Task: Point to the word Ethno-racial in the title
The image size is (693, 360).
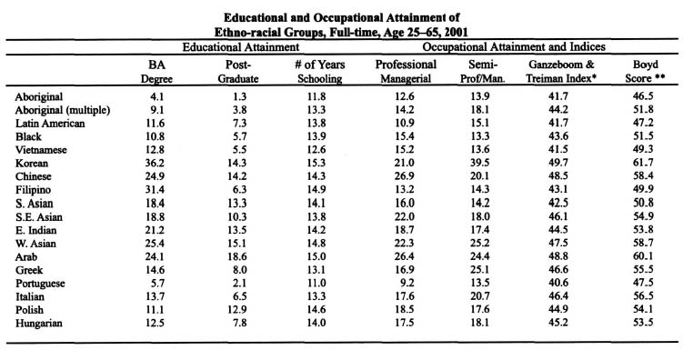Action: click(x=283, y=27)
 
